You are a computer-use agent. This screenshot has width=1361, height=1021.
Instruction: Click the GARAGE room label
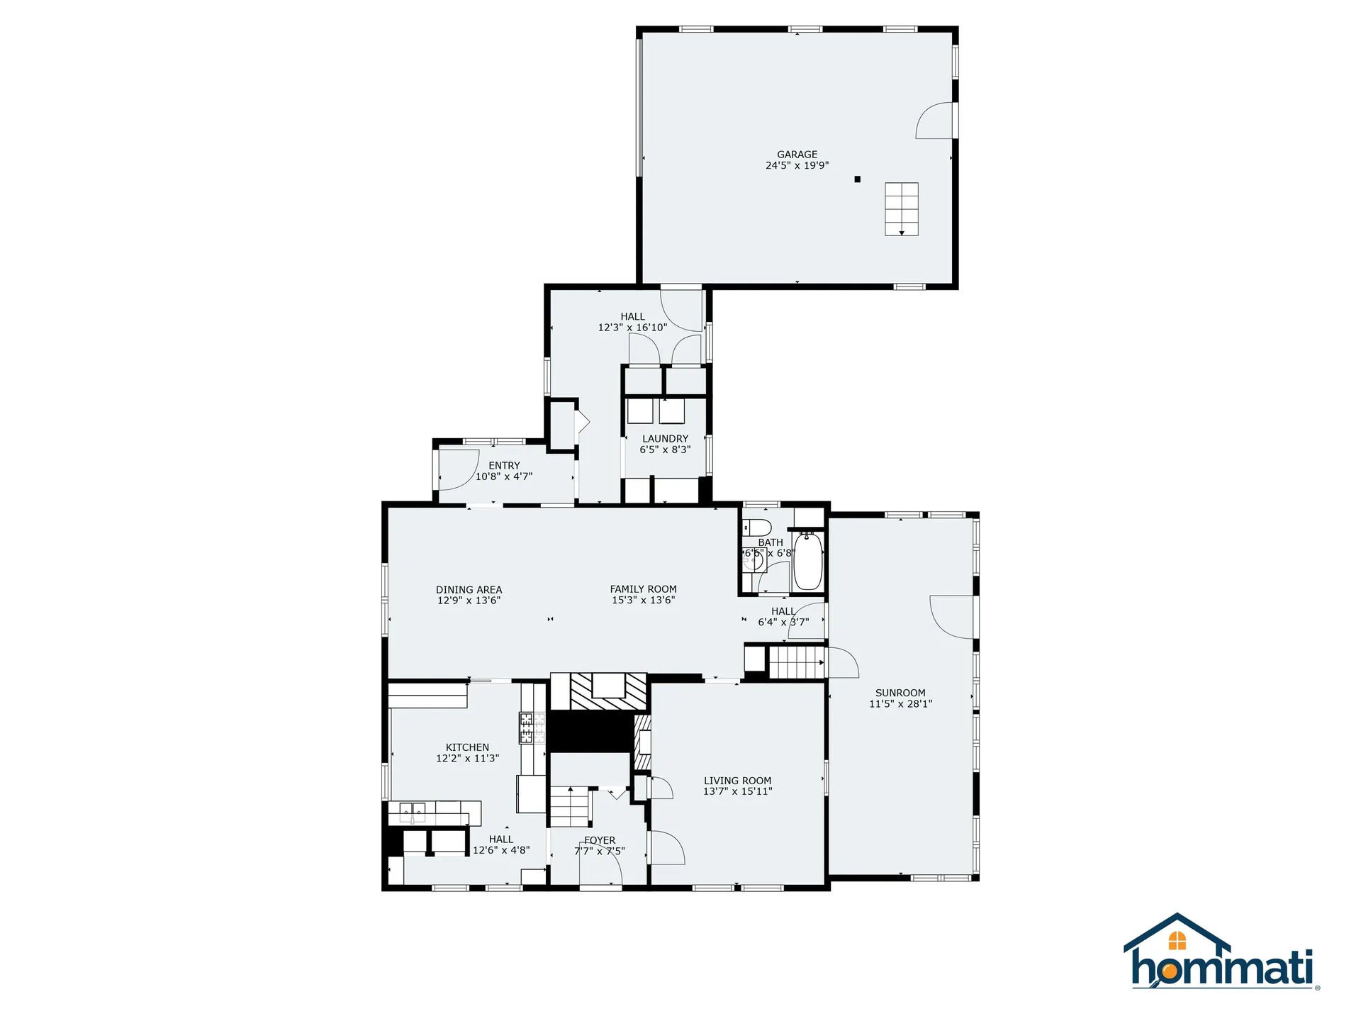(797, 155)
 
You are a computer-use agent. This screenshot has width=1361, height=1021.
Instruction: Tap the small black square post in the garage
(857, 179)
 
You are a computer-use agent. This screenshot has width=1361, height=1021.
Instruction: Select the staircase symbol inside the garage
(901, 208)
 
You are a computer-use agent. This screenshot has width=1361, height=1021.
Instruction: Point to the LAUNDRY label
(665, 439)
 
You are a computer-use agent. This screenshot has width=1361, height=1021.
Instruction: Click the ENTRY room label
(504, 466)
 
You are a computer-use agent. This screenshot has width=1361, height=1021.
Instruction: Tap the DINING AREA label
(469, 590)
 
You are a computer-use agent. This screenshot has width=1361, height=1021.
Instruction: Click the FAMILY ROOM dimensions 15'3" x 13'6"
(643, 601)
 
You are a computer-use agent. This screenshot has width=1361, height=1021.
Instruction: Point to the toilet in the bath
(756, 528)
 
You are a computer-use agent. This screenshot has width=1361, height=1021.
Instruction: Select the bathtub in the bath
(807, 562)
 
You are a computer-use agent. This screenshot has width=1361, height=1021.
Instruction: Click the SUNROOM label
(900, 693)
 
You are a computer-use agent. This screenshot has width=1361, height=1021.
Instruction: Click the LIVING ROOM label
(737, 781)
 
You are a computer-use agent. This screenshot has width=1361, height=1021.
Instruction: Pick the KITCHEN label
(467, 747)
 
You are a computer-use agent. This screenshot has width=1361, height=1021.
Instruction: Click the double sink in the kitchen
(412, 810)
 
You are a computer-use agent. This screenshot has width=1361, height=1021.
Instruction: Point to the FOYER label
(600, 840)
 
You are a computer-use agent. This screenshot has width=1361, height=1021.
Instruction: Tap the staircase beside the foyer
(571, 807)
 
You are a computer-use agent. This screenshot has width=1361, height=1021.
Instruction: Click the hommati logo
(1221, 952)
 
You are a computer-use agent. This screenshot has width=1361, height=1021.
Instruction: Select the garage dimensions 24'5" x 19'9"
(797, 166)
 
